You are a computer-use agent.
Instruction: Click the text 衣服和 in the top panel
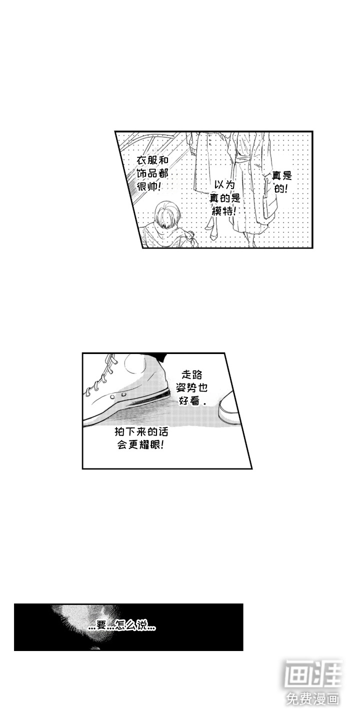[152, 160]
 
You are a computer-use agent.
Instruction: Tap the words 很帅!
[149, 187]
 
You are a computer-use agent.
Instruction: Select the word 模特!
[224, 211]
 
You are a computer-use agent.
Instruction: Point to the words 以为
[224, 185]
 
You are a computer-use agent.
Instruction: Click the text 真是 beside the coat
[282, 175]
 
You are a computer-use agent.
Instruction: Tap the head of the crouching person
[167, 214]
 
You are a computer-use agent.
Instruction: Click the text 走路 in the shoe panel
[192, 374]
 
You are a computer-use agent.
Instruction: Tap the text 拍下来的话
[141, 431]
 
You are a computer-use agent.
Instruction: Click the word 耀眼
[148, 445]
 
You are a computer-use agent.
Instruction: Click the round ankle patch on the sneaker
[135, 365]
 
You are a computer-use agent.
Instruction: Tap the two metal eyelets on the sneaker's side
[117, 395]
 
